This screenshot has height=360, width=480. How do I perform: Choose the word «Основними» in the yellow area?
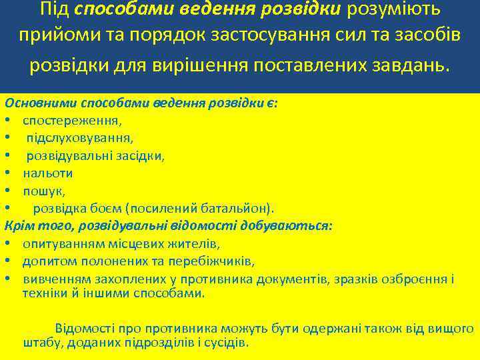coord(41,104)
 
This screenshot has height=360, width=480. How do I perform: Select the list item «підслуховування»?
coord(79,138)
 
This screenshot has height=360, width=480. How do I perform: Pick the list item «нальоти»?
coord(47,173)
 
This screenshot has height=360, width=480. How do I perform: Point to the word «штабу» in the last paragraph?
coord(43,343)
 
